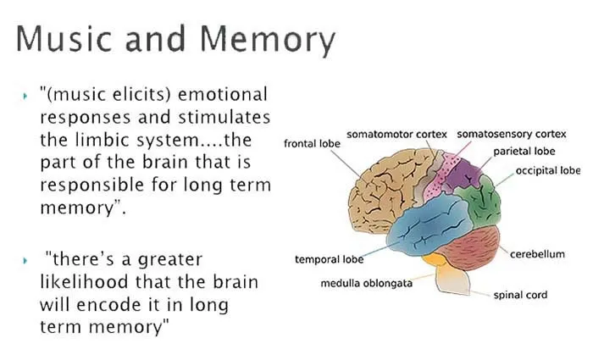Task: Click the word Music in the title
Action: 64,38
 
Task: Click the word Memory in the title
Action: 268,41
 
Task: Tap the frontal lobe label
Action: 312,144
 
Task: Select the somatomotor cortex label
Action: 396,134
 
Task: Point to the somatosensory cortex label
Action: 512,134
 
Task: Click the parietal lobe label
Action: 524,152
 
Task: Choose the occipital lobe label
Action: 548,170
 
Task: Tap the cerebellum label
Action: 537,254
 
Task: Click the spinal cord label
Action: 520,295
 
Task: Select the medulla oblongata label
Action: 367,283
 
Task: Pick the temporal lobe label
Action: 329,259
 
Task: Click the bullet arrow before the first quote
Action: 25,96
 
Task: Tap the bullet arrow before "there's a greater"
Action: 25,261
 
